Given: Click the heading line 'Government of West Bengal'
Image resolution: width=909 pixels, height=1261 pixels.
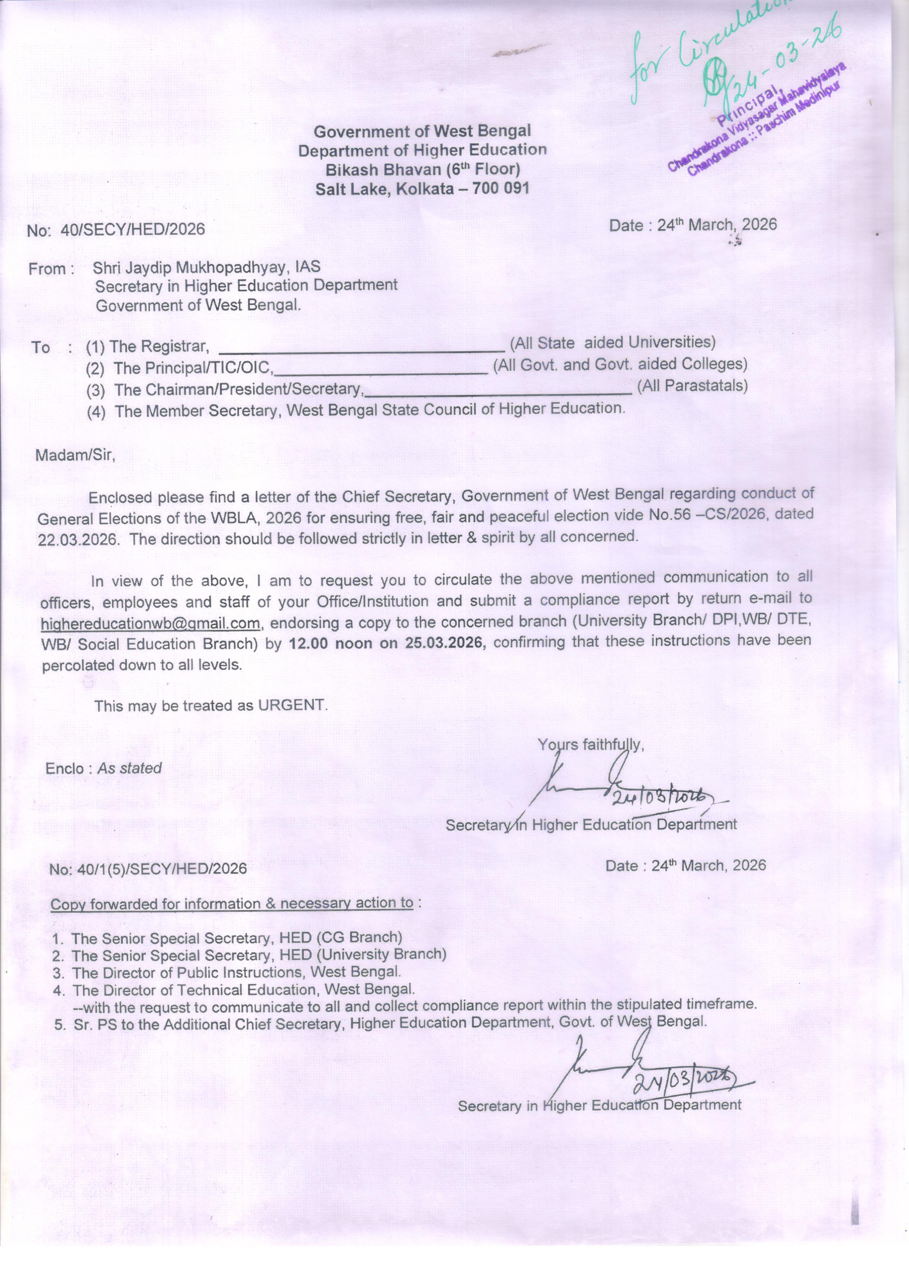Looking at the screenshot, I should tap(422, 131).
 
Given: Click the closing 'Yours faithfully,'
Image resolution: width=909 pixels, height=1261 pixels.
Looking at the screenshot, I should tap(590, 744).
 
